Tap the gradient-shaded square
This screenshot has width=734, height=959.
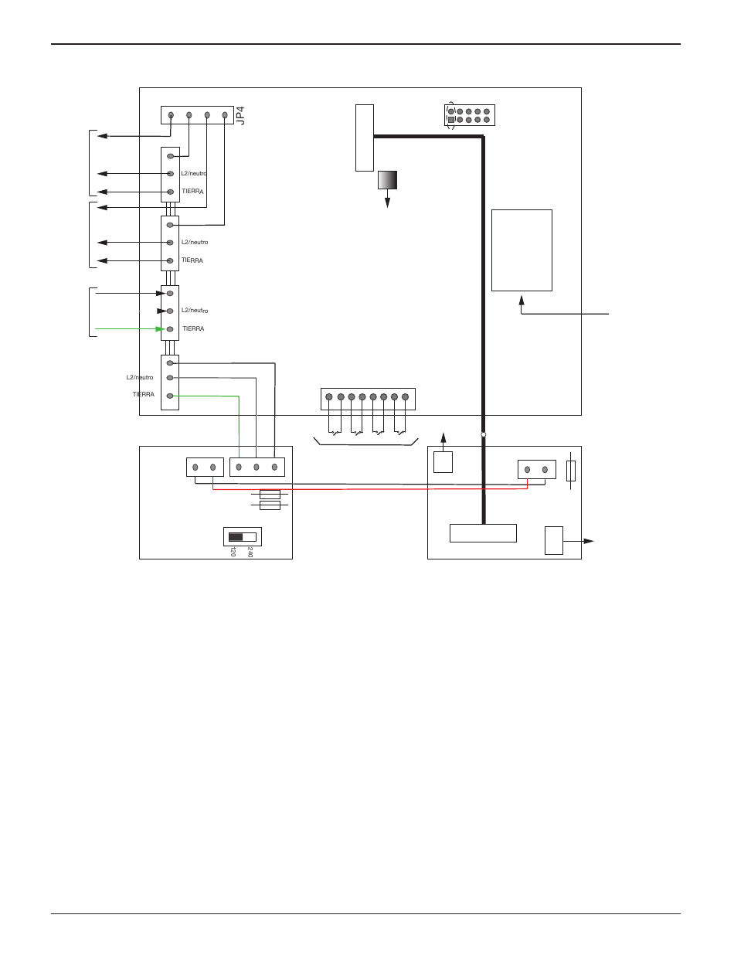[x=387, y=180]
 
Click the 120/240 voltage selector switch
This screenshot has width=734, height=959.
[x=242, y=536]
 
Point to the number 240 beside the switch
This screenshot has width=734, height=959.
[x=250, y=553]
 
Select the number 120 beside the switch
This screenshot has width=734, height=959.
[x=232, y=553]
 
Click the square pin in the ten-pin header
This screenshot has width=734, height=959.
[x=451, y=120]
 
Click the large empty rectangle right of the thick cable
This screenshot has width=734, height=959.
[x=522, y=250]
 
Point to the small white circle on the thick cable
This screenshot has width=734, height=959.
[x=484, y=435]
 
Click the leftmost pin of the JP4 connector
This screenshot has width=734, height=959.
[x=171, y=115]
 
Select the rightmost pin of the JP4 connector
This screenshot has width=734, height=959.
[x=225, y=115]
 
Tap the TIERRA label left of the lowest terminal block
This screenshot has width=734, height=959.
[x=143, y=395]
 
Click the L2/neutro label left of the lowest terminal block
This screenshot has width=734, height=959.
[x=140, y=377]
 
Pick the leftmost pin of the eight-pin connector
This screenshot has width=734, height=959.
[x=329, y=397]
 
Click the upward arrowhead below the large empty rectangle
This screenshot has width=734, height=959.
[x=522, y=300]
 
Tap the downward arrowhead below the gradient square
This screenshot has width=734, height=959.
[x=387, y=202]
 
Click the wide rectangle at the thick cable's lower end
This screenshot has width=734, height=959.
[x=483, y=533]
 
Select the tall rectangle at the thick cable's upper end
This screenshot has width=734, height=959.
[x=365, y=138]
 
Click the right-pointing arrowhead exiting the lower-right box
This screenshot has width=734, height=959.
[x=588, y=542]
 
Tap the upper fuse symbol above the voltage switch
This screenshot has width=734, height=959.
[x=270, y=494]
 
